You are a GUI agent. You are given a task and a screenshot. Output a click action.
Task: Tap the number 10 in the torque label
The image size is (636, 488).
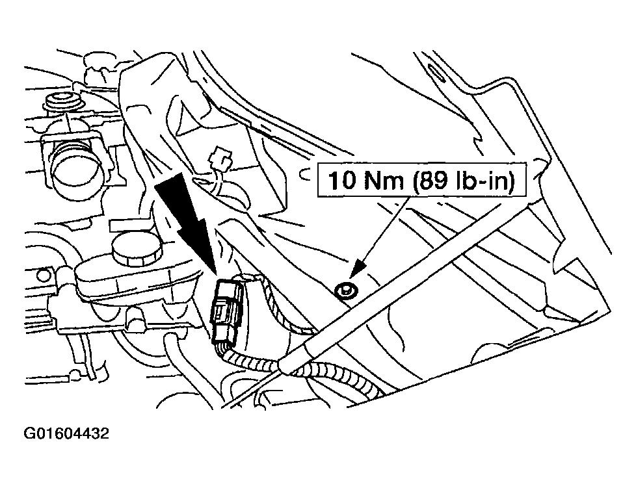tap(341, 180)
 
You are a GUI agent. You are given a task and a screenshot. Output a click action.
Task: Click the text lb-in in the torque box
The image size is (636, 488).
tap(483, 180)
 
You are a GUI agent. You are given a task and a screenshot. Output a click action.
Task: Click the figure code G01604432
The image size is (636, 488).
tap(66, 434)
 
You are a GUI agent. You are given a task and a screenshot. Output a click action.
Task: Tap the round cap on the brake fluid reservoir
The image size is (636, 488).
tap(137, 249)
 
